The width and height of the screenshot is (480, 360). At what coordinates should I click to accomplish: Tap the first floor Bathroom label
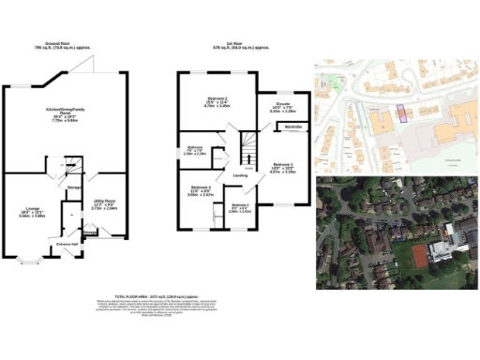tap(195, 148)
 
